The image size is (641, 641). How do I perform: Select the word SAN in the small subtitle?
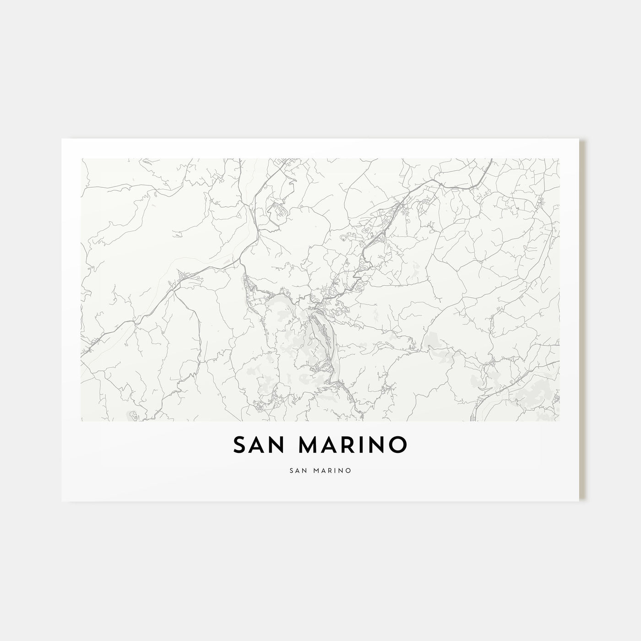tap(299, 470)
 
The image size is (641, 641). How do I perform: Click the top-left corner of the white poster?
tap(62, 139)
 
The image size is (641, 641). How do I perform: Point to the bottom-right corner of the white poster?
tap(579, 501)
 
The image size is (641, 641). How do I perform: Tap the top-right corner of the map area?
tap(559, 159)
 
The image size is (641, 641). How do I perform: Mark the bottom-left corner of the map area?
tap(81, 421)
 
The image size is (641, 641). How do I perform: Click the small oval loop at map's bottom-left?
tap(133, 415)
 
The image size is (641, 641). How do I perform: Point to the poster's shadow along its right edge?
tap(583, 320)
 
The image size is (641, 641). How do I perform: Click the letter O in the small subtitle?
tap(349, 470)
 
